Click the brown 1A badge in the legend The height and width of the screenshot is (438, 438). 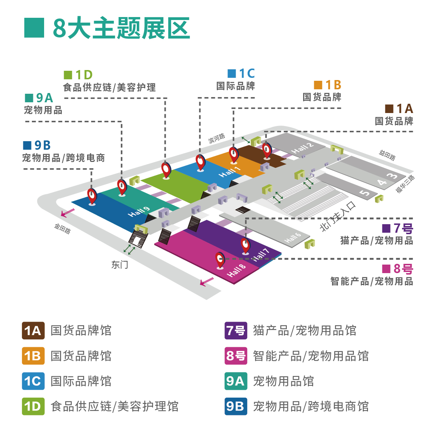coord(33,331)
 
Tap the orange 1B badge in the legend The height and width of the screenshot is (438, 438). coord(33,356)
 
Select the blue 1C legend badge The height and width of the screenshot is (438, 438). coord(33,381)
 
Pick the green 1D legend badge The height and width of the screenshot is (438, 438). coord(33,406)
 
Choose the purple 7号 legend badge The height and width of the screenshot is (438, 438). coord(236,331)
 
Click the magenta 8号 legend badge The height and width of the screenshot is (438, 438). coord(236,356)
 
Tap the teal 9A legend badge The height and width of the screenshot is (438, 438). coord(236,381)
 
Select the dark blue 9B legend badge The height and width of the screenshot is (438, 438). coord(236,406)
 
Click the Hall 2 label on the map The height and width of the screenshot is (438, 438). coord(302,148)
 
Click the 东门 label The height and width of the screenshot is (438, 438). coord(119,265)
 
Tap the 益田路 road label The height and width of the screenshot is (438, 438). coord(387,155)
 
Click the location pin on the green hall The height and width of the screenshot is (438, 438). coord(166,170)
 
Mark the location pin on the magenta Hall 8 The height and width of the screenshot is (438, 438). coord(220,259)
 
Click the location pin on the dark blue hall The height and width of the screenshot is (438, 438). coord(92,195)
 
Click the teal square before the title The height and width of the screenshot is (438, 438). coord(34,28)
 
